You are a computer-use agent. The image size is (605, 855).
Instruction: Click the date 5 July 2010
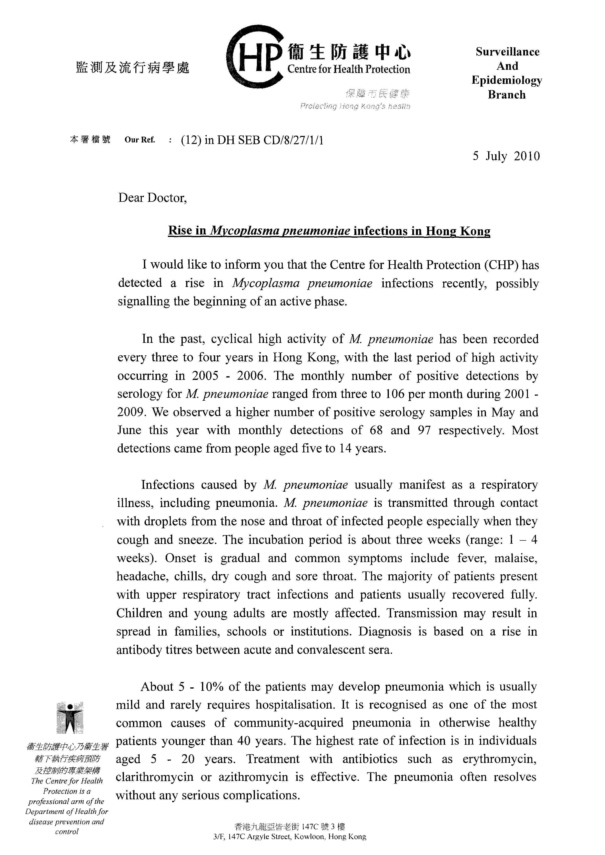[x=506, y=156]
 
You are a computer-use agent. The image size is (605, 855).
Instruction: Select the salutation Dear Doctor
[x=152, y=198]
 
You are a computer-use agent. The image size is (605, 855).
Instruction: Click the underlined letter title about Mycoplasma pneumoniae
[x=329, y=231]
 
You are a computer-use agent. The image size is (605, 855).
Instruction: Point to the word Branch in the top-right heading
[x=507, y=95]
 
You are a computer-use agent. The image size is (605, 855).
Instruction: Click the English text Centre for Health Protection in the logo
[x=349, y=69]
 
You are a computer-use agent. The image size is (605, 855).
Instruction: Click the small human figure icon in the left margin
[x=70, y=718]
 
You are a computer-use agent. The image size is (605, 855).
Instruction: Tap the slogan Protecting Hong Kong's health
[x=355, y=107]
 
